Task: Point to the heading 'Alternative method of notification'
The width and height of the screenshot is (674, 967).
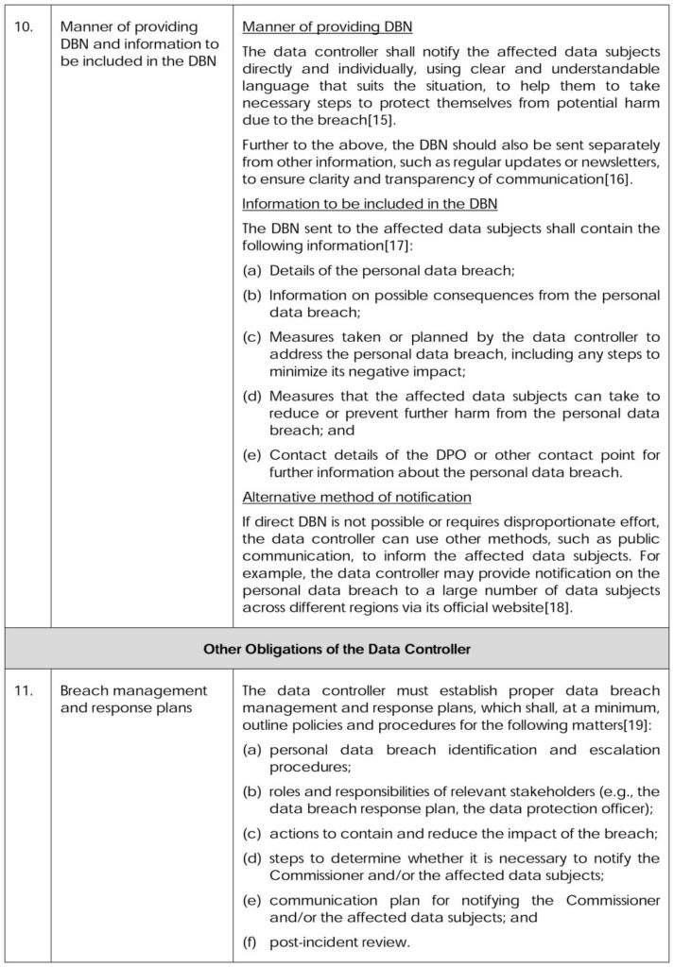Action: [x=357, y=497]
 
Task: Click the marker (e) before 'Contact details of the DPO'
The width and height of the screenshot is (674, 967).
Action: [x=252, y=455]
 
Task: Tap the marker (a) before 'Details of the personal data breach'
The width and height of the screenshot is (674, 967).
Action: [x=252, y=271]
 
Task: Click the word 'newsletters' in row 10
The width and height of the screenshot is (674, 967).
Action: [x=618, y=162]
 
